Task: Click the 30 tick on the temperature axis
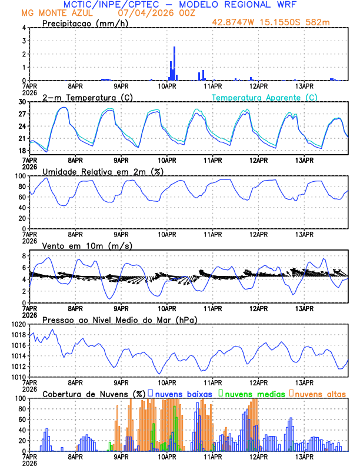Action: [x=21, y=102]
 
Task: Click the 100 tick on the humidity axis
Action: [x=19, y=176]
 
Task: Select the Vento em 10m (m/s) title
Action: [x=88, y=245]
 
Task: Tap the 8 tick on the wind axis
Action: [x=24, y=256]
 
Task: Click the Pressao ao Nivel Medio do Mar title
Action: [x=119, y=319]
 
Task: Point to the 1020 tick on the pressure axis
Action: [x=18, y=324]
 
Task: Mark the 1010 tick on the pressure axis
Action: [x=18, y=377]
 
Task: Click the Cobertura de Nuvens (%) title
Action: [x=94, y=394]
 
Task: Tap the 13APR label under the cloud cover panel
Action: [x=304, y=456]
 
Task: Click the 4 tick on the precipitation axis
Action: [x=24, y=28]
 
